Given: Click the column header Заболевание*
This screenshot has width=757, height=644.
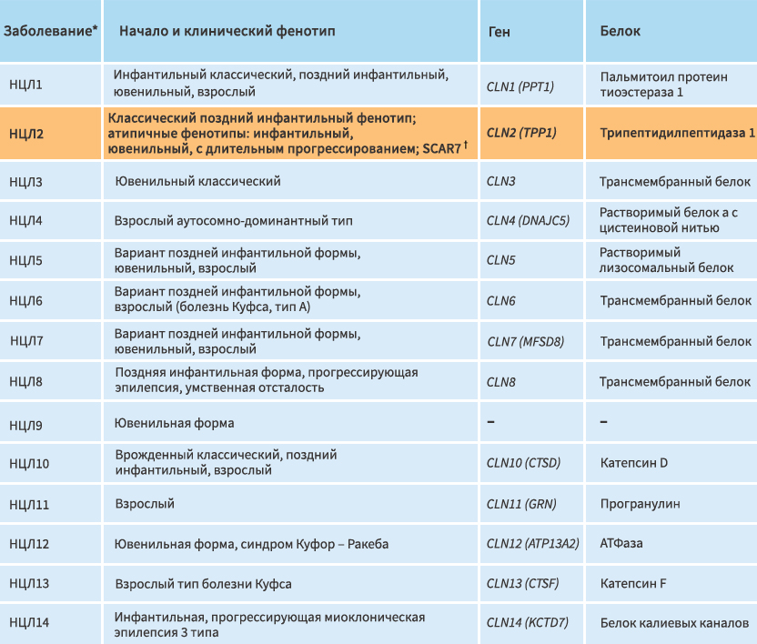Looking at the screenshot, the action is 50,31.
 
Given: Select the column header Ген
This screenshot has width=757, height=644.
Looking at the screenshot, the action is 500,32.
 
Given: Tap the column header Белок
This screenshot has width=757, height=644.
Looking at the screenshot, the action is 620,31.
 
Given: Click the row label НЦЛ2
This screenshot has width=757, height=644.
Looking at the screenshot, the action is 26,134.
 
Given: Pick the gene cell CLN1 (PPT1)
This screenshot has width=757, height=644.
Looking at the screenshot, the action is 520,87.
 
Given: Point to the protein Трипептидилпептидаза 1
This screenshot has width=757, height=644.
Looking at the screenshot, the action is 677,133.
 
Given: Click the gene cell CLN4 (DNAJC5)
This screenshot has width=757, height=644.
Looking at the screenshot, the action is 528,221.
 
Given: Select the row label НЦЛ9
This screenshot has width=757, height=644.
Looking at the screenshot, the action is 25,426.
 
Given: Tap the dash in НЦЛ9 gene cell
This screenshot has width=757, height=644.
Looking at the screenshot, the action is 490,422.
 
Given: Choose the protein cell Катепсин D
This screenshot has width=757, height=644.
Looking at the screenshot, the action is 634,463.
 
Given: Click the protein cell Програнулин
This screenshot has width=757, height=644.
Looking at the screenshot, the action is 641,504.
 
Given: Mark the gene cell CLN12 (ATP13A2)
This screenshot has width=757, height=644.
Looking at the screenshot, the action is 532,544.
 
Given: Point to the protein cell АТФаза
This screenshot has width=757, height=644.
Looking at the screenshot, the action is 621,544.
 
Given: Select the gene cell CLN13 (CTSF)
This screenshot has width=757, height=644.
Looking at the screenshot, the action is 522,584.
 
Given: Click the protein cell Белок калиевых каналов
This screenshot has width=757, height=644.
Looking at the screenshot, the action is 674,623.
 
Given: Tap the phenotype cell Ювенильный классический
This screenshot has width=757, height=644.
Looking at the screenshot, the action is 197,182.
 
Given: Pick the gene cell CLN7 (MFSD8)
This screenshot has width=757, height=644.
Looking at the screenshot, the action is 525,342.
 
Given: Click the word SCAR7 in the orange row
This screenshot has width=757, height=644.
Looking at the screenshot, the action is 442,148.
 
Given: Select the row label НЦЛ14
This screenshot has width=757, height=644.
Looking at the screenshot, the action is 29,623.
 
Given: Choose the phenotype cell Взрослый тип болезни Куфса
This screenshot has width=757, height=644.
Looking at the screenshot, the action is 203,584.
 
